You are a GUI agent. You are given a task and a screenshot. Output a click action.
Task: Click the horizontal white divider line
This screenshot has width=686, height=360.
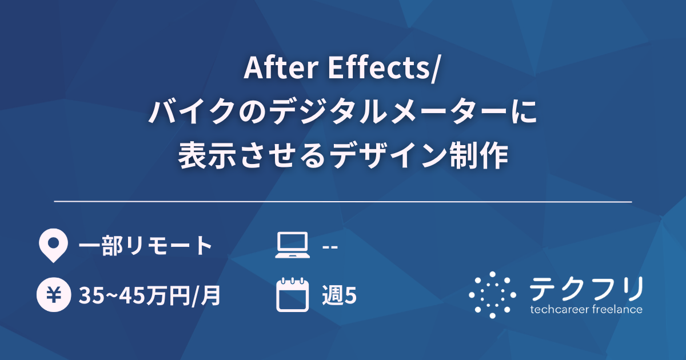[343, 202]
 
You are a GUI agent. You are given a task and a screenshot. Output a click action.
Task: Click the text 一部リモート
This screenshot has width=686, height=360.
[146, 246]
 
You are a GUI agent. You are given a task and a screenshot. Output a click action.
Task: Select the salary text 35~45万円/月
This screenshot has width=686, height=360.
[150, 295]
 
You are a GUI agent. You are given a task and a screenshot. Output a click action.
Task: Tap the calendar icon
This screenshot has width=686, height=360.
[292, 295]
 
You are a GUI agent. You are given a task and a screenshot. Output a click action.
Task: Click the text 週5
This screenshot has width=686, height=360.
[340, 295]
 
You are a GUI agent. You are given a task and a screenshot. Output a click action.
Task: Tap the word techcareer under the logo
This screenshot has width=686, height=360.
[556, 310]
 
